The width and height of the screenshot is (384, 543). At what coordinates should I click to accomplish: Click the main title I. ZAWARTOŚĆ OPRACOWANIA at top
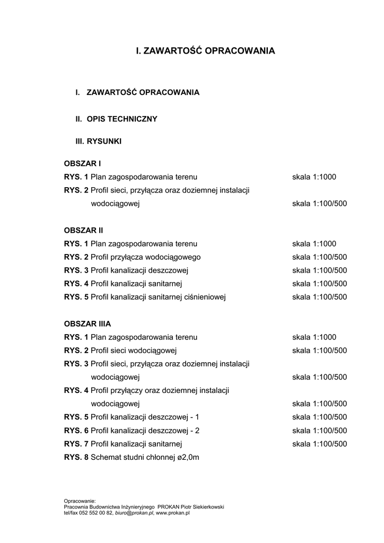pyautogui.click(x=205, y=51)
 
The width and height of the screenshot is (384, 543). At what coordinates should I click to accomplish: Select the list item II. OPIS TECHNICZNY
pyautogui.click(x=116, y=119)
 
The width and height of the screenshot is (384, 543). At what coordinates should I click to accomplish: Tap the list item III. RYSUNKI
pyautogui.click(x=99, y=142)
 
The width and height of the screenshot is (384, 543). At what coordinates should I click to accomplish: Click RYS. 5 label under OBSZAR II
pyautogui.click(x=76, y=297)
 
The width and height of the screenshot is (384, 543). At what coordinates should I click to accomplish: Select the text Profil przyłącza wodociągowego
pyautogui.click(x=145, y=257)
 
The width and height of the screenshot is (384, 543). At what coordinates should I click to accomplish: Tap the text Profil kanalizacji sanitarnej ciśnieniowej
pyautogui.click(x=158, y=297)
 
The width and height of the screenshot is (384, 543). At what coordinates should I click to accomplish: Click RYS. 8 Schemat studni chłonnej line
pyautogui.click(x=131, y=457)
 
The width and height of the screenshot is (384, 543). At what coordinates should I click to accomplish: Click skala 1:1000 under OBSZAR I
pyautogui.click(x=314, y=177)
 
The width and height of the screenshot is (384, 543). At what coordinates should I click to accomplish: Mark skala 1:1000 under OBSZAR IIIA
pyautogui.click(x=314, y=337)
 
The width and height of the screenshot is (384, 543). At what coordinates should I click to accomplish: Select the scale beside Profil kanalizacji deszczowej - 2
pyautogui.click(x=319, y=431)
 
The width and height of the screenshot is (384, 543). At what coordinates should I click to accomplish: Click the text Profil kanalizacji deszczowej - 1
pyautogui.click(x=145, y=417)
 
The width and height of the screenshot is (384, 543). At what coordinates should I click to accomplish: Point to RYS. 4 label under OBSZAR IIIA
pyautogui.click(x=76, y=390)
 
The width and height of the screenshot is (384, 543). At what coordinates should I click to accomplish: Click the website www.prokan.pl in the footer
pyautogui.click(x=173, y=513)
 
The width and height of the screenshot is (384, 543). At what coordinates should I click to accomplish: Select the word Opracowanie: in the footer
pyautogui.click(x=80, y=501)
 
